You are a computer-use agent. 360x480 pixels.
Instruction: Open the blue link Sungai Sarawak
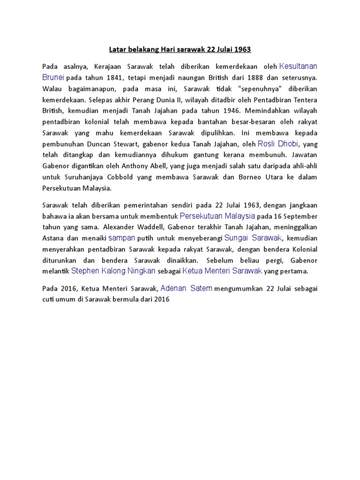(x=253, y=238)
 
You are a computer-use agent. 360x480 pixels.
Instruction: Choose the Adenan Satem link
(x=187, y=288)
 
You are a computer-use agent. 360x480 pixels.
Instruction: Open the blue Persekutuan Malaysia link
(x=217, y=216)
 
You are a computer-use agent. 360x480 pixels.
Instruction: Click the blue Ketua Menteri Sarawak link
(x=222, y=270)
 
